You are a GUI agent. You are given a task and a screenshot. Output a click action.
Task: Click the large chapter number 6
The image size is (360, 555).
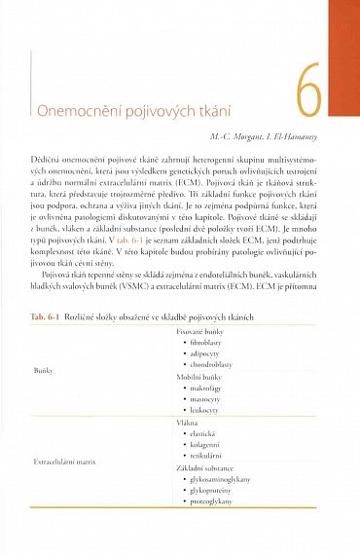pos(308,92)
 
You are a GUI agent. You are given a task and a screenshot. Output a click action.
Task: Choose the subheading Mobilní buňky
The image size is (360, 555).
pos(199,385)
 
